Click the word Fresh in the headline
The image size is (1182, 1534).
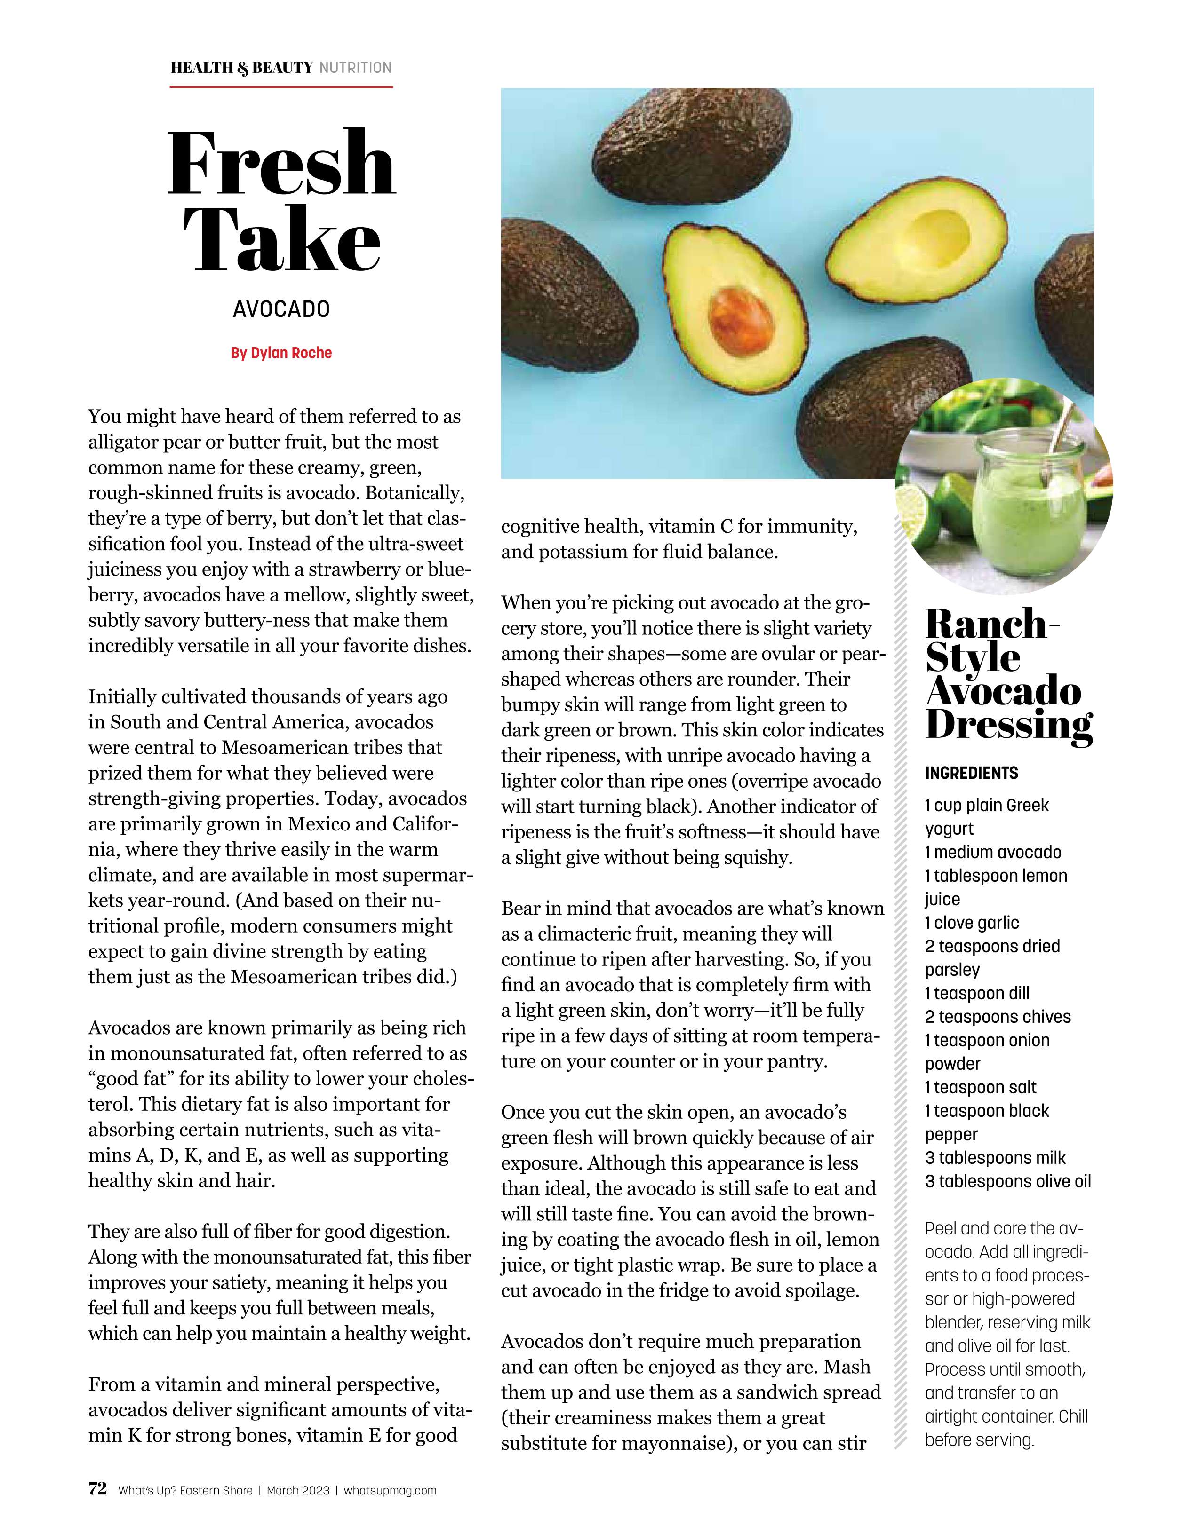(x=281, y=163)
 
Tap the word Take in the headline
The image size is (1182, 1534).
(x=281, y=240)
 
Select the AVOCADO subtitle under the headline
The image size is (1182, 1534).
(x=281, y=309)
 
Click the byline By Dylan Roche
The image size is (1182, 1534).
(x=281, y=353)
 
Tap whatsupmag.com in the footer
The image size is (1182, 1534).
(x=390, y=1490)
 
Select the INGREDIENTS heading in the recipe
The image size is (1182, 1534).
(x=971, y=773)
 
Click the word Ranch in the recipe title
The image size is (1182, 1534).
(x=987, y=624)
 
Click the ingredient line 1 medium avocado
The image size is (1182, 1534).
(x=992, y=852)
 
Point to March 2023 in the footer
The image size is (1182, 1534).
(x=298, y=1490)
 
